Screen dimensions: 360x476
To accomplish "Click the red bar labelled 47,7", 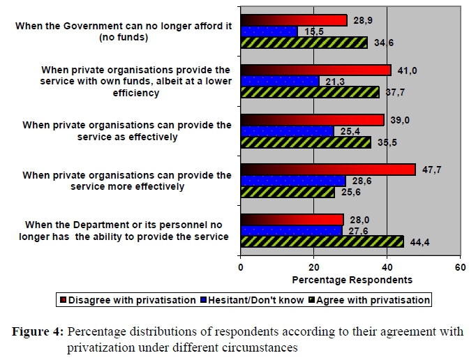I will pyautogui.click(x=327, y=170).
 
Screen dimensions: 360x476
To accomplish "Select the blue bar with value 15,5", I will pyautogui.click(x=269, y=31).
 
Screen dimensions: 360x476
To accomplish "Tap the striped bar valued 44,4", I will pyautogui.click(x=322, y=241).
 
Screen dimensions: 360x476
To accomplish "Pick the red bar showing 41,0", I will pyautogui.click(x=315, y=70).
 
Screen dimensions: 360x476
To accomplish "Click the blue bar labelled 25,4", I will pyautogui.click(x=287, y=130).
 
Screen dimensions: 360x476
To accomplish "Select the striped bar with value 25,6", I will pyautogui.click(x=288, y=192).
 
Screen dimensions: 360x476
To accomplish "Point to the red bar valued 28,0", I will pyautogui.click(x=292, y=220).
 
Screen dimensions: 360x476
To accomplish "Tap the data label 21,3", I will pyautogui.click(x=331, y=82).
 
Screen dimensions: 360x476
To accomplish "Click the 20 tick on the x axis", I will pyautogui.click(x=313, y=267).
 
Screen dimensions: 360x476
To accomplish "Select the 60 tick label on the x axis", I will pyautogui.click(x=459, y=267).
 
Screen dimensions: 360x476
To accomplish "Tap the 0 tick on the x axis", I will pyautogui.click(x=241, y=267).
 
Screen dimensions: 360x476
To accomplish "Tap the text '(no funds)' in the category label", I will pyautogui.click(x=126, y=38).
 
